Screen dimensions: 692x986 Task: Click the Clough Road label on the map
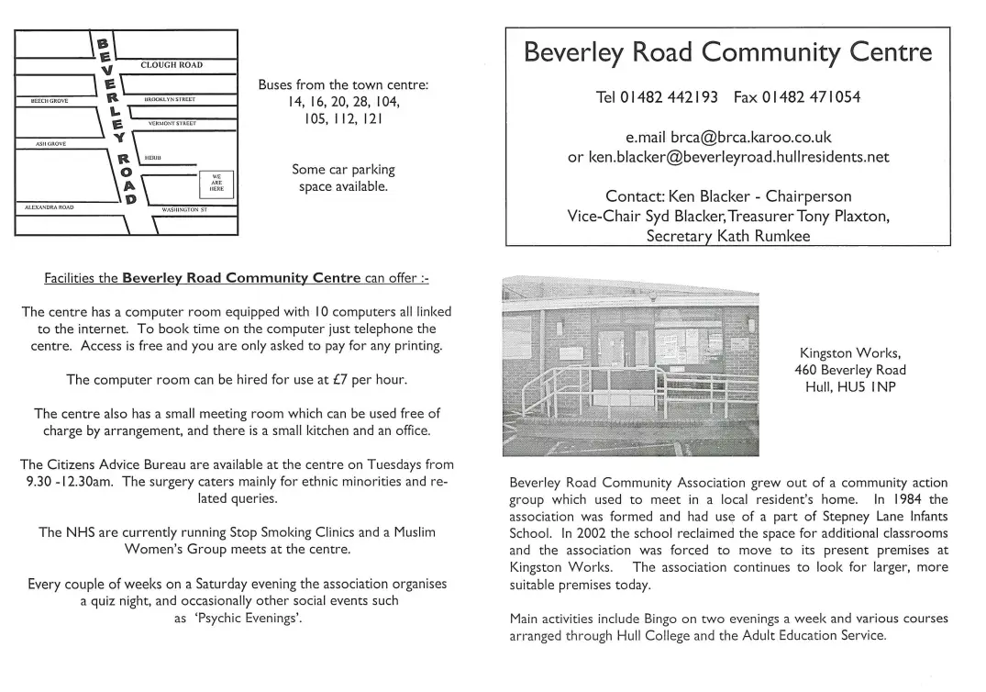(x=172, y=65)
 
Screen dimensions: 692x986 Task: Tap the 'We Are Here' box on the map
(x=216, y=183)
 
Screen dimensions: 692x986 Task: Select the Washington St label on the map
(x=184, y=209)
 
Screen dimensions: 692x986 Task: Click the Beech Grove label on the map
(x=50, y=100)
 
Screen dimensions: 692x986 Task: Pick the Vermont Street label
(x=172, y=122)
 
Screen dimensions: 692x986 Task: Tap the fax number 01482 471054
(x=811, y=96)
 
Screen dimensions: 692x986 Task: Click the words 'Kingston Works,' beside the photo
(x=849, y=352)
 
